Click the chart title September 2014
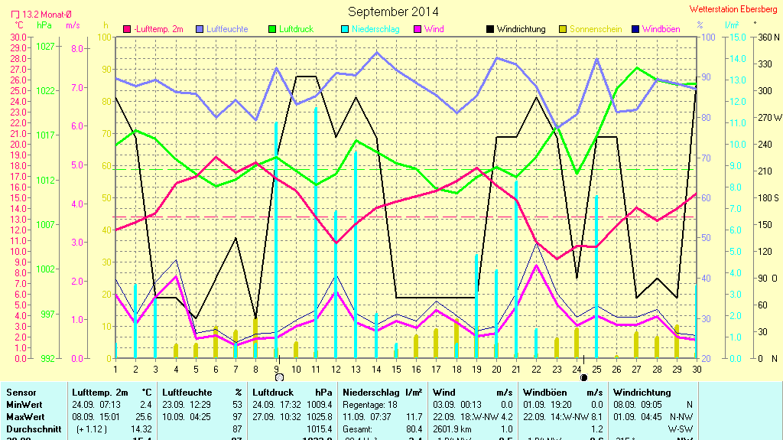pos(393,11)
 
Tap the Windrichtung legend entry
pos(521,29)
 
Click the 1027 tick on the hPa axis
pos(45,46)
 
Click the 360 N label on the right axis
pos(765,37)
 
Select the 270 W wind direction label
pos(767,118)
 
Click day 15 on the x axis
pos(396,370)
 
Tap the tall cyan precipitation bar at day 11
pos(316,230)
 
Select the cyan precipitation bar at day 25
pos(596,275)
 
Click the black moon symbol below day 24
pos(584,377)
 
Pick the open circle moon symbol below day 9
pos(279,377)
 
